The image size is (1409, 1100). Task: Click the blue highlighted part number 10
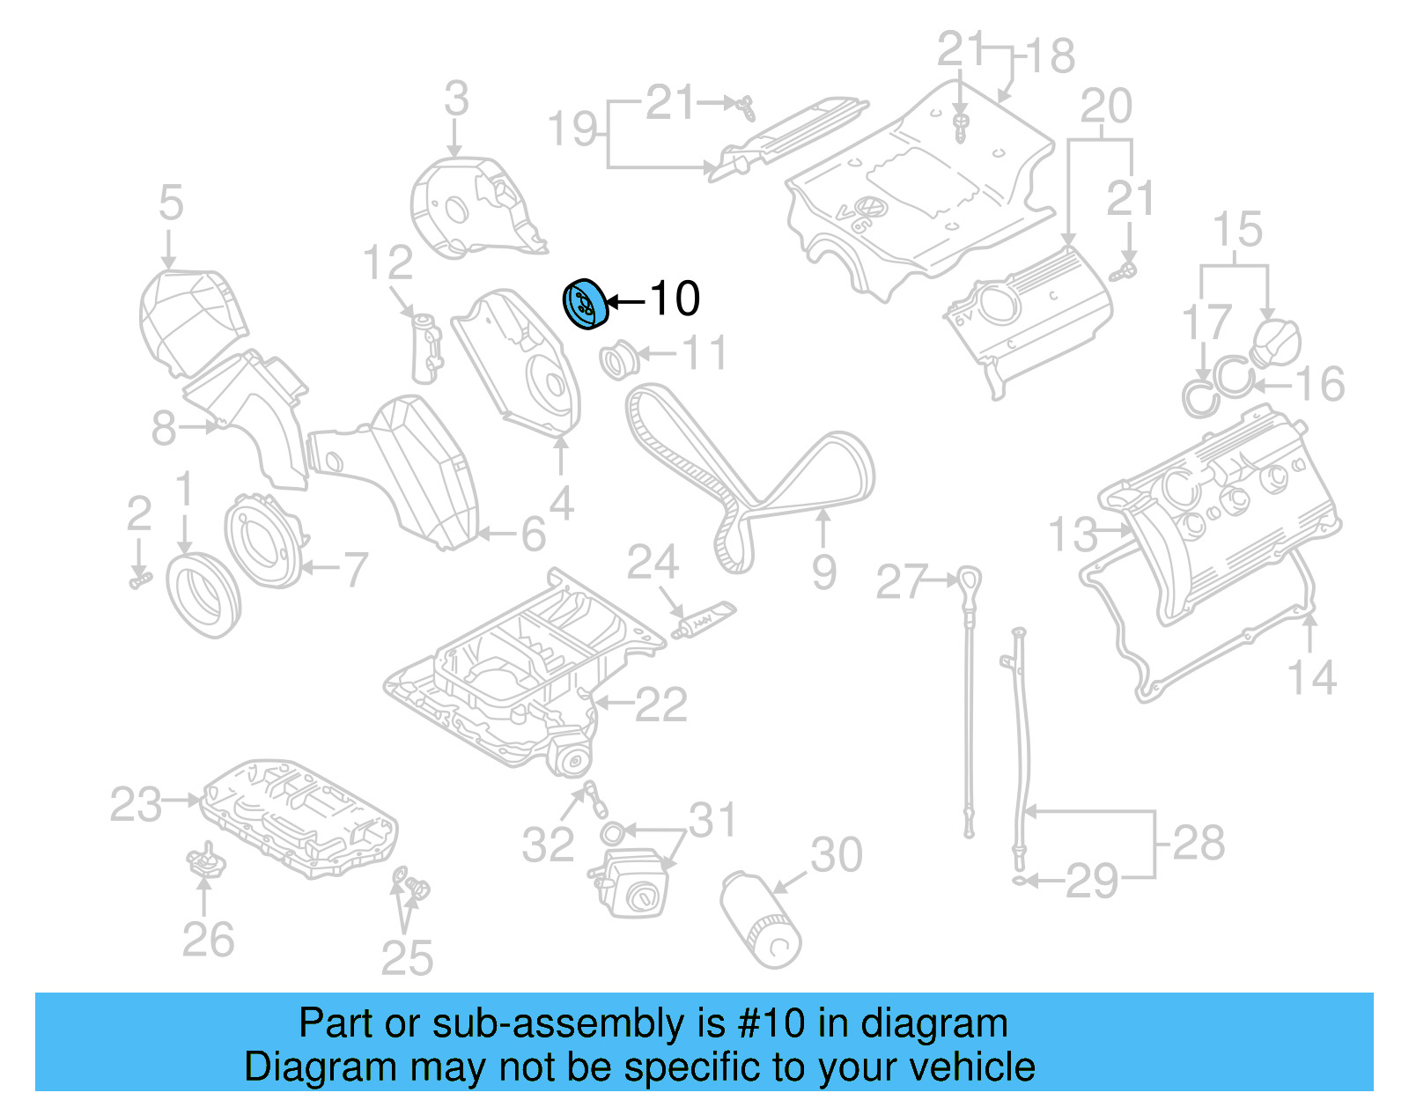pos(586,303)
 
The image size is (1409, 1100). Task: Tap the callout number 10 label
pos(675,299)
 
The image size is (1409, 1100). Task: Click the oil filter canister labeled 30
pos(761,919)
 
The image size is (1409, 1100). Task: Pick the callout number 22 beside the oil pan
pos(660,705)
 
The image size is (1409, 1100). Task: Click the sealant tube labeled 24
pos(704,620)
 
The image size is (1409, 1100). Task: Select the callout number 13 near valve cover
pos(1073,535)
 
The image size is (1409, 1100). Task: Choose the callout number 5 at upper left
pos(171,203)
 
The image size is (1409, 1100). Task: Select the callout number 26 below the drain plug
pos(208,940)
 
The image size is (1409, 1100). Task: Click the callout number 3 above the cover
pos(456,98)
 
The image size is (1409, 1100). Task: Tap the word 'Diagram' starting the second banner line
pos(297,1067)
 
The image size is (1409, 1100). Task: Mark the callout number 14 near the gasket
pos(1311,678)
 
